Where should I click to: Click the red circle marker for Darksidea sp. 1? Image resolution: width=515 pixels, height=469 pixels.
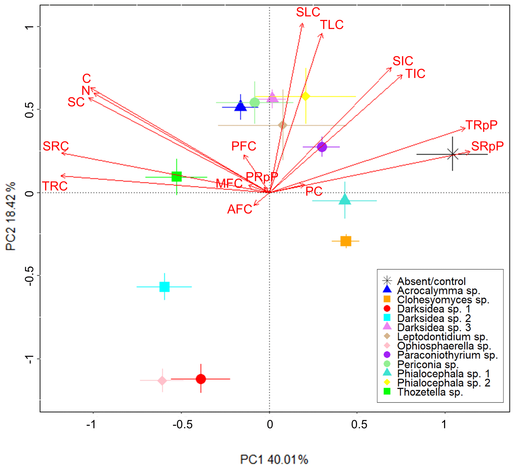201,379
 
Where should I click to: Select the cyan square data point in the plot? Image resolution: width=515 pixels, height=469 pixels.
164,287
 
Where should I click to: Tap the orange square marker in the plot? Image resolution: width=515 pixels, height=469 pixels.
346,241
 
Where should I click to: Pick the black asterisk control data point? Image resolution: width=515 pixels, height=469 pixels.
452,154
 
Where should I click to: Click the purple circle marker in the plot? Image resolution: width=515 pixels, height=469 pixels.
322,147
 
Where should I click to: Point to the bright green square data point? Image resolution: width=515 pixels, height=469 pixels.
176,177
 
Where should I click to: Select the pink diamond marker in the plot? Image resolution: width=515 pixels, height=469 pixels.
162,381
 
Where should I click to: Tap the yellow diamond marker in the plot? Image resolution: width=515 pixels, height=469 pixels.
306,96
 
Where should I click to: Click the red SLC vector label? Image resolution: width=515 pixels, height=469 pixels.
308,12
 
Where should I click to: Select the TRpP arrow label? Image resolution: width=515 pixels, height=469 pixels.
481,125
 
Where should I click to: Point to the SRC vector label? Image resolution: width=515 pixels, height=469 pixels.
56,146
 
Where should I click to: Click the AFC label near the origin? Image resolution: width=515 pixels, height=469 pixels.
240,209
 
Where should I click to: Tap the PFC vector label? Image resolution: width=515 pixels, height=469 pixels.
244,146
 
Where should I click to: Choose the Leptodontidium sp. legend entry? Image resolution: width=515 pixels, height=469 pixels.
442,337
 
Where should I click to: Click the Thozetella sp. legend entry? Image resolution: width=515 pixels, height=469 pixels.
430,392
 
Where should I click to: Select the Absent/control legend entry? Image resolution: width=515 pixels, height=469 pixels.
431,281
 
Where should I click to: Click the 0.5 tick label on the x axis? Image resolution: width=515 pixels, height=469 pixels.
359,424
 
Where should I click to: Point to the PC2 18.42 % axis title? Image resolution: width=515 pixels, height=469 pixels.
11,216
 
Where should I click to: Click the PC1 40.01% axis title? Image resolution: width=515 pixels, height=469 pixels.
274,460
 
